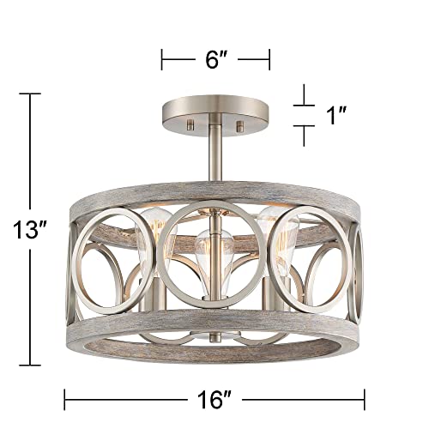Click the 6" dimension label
215,59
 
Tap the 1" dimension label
336,115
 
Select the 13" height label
30,230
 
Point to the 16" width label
214,399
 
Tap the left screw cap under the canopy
190,124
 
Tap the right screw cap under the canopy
239,126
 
